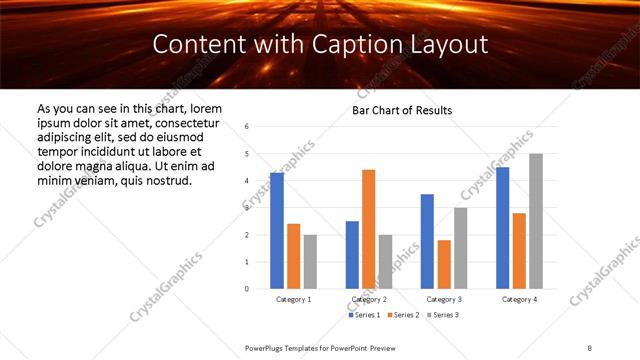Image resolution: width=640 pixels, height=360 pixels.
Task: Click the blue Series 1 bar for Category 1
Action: click(x=277, y=231)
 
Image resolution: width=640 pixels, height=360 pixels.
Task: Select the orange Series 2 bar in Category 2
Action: click(x=368, y=229)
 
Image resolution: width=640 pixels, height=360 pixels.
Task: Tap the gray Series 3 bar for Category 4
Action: click(x=536, y=221)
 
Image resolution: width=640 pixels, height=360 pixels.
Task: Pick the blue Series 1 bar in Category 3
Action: click(x=427, y=241)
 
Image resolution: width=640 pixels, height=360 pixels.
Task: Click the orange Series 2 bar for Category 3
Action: click(x=444, y=264)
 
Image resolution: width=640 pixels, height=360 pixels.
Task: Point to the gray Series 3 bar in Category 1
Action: click(x=310, y=261)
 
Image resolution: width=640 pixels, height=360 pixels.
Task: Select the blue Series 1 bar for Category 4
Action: click(x=502, y=228)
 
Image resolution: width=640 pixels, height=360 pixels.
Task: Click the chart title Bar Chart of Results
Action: click(x=402, y=110)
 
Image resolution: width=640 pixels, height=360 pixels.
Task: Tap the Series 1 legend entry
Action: click(x=364, y=315)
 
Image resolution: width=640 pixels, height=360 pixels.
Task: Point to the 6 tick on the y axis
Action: click(x=247, y=127)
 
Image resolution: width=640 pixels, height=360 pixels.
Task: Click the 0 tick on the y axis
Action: click(x=247, y=289)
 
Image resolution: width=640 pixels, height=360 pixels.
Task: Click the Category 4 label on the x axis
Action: click(x=519, y=299)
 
